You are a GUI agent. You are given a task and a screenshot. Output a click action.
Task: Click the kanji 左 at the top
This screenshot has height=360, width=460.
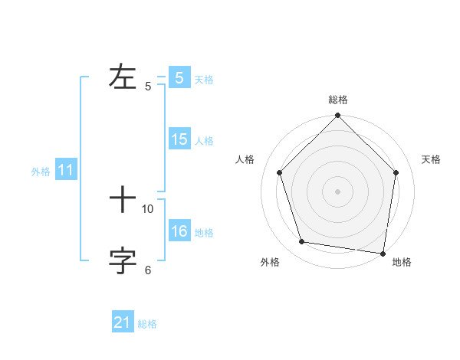(x=123, y=77)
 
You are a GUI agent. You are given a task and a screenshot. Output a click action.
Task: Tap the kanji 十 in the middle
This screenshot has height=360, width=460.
(x=123, y=200)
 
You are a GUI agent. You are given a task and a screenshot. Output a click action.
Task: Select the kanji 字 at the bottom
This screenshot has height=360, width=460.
(x=123, y=261)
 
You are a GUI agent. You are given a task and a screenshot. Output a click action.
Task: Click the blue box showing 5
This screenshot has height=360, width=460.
(x=179, y=78)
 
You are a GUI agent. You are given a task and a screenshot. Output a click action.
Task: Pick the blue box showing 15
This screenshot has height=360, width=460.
(x=179, y=139)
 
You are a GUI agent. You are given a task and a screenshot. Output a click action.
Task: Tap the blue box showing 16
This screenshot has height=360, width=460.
(x=179, y=231)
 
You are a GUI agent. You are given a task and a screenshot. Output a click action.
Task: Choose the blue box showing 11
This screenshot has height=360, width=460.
(x=66, y=171)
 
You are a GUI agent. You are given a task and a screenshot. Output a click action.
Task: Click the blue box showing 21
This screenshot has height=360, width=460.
(x=123, y=322)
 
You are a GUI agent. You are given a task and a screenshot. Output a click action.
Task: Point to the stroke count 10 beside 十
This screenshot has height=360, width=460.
(x=148, y=208)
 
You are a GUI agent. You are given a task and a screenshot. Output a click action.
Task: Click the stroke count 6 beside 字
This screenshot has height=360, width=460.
(x=148, y=270)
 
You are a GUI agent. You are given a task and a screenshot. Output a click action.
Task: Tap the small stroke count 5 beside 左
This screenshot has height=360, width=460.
(x=148, y=86)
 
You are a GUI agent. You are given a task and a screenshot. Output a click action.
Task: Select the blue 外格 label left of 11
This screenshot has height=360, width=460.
(x=41, y=172)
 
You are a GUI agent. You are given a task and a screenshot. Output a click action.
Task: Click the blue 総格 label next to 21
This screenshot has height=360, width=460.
(x=147, y=324)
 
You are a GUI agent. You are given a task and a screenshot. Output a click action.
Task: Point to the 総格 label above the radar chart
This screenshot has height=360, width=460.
(x=337, y=100)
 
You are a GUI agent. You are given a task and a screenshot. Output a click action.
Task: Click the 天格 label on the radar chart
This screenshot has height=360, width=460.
(x=431, y=159)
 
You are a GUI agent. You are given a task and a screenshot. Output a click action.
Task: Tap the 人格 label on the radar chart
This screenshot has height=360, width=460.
(x=245, y=159)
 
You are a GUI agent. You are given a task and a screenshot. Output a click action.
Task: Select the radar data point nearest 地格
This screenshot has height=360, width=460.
(x=383, y=253)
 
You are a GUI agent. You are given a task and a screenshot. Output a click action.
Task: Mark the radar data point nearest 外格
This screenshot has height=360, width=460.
(x=302, y=242)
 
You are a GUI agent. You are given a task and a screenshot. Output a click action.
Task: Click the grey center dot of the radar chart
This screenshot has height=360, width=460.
(x=337, y=191)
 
